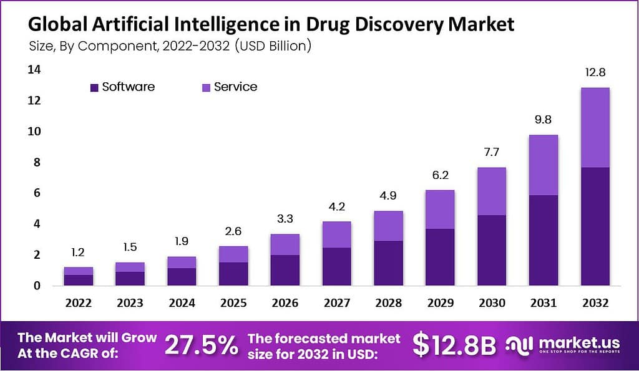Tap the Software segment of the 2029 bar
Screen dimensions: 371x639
[x=440, y=257]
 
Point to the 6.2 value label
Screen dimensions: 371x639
[x=440, y=176]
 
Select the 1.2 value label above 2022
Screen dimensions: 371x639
[x=78, y=253]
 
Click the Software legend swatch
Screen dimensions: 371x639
[x=94, y=88]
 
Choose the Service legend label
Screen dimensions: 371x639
[x=235, y=87]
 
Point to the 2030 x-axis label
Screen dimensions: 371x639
[x=491, y=303]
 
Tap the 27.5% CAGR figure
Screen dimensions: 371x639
[x=201, y=344]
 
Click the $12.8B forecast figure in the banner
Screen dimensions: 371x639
[x=454, y=344]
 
